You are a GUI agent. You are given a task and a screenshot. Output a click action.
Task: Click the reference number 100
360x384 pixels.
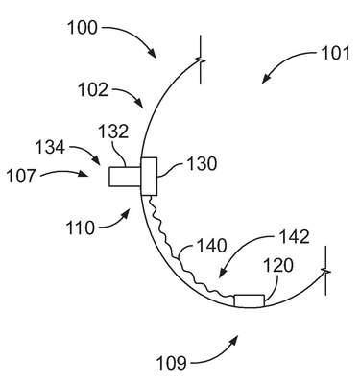[x=83, y=28]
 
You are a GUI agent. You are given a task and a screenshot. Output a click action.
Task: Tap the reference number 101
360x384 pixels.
[x=336, y=54]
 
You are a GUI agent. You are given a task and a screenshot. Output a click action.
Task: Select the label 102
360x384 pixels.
[x=93, y=89]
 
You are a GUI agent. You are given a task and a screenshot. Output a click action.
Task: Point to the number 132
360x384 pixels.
[x=113, y=132]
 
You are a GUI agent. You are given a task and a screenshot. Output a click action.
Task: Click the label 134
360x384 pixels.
[x=50, y=148]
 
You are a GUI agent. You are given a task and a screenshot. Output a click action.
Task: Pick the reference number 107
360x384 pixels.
[x=21, y=177]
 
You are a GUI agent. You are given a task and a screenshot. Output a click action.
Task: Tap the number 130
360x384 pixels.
[x=202, y=163]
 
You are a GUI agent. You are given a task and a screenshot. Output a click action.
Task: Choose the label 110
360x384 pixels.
[x=81, y=228]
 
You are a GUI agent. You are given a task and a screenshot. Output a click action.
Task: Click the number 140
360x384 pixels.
[x=211, y=246]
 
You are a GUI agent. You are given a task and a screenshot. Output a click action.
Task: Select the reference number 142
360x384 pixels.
[x=295, y=237]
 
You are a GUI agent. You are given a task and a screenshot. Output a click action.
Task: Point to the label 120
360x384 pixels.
[x=277, y=266]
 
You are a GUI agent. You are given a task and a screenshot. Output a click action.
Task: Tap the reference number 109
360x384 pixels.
[x=171, y=363]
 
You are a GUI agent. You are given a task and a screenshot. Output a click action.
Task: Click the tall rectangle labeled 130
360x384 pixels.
[x=149, y=177]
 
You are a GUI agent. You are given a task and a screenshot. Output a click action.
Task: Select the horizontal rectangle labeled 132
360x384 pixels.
[x=125, y=177]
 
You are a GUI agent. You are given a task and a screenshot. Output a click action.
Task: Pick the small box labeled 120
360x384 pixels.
[x=250, y=301]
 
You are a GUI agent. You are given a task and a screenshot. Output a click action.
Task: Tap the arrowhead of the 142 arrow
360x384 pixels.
[x=223, y=273]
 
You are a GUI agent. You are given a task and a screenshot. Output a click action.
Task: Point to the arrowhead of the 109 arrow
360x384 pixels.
[x=234, y=340]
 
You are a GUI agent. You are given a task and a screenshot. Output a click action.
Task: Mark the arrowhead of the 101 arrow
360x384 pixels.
[x=266, y=80]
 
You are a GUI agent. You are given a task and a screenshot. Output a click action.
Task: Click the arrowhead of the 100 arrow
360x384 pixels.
[x=153, y=54]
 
